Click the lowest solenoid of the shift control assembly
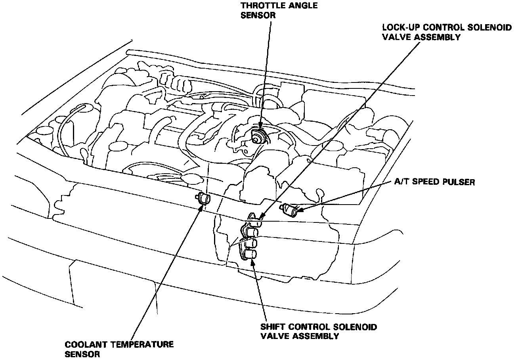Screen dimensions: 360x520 pos(250,254)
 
